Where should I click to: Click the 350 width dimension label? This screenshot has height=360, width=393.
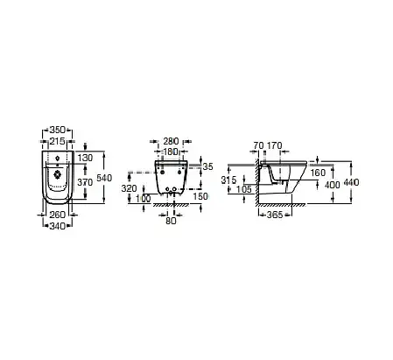[x=58, y=130]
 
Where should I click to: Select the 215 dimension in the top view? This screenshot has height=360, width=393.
[x=58, y=141]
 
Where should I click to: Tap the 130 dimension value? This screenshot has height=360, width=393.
[x=85, y=158]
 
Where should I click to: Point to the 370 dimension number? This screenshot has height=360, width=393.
[x=85, y=182]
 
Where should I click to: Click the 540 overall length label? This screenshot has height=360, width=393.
[x=104, y=178]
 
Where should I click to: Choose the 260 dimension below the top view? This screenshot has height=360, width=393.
[x=58, y=215]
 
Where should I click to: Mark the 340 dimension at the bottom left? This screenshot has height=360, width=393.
[x=58, y=226]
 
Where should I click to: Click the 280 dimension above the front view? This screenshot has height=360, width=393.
[x=171, y=141]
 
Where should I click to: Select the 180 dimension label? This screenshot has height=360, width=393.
[x=171, y=152]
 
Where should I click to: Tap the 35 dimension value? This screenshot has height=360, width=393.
[x=208, y=166]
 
